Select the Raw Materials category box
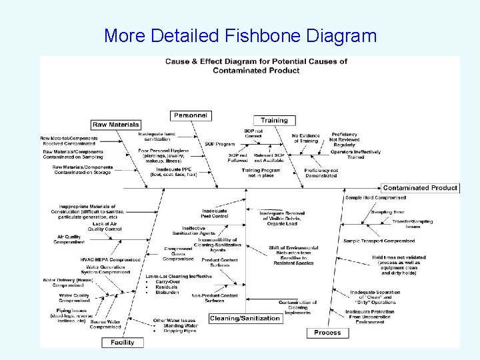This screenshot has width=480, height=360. (x=116, y=125)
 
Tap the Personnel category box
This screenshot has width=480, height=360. (x=191, y=115)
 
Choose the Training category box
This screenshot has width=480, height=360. (x=274, y=121)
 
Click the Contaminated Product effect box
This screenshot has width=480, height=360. (x=420, y=188)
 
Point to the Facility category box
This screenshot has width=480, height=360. (x=122, y=342)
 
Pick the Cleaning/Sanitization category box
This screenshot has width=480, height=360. (x=245, y=319)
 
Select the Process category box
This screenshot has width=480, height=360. (x=327, y=332)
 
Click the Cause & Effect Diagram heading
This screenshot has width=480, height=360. (x=257, y=65)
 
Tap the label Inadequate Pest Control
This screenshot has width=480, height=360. (x=215, y=213)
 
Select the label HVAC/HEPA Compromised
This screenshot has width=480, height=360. (x=110, y=259)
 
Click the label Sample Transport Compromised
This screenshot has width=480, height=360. (x=379, y=241)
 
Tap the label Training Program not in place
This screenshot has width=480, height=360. (x=261, y=173)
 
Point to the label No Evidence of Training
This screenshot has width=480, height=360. (x=306, y=139)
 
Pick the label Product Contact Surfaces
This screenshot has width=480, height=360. (x=219, y=263)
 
